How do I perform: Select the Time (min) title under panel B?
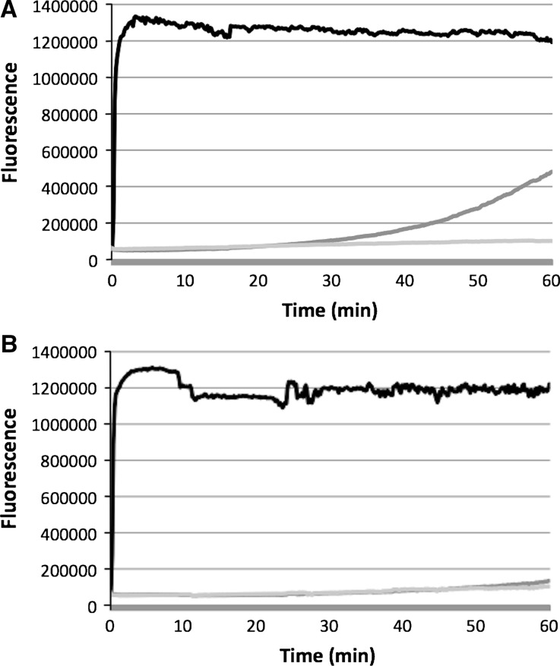[331, 654]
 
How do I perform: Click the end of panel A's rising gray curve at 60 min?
[550, 172]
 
